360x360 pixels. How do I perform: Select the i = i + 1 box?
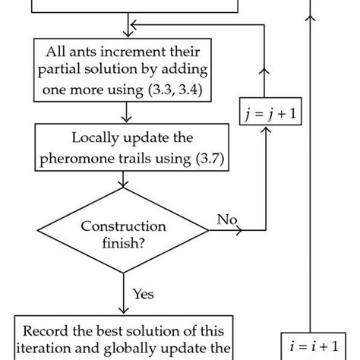(311, 345)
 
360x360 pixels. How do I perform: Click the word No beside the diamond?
(227, 219)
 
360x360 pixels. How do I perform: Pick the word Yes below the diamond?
(144, 292)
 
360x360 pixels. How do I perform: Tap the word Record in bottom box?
(47, 331)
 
